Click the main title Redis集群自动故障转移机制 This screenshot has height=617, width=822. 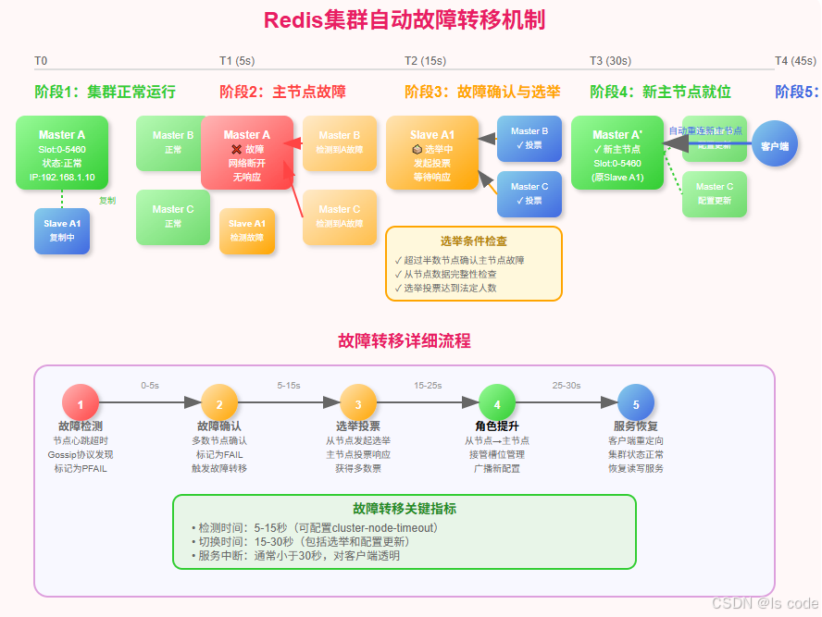405,19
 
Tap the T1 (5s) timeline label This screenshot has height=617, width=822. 237,61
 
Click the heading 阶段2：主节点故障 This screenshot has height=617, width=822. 282,92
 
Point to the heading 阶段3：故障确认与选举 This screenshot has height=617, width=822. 482,92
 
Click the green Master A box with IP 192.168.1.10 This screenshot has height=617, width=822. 62,153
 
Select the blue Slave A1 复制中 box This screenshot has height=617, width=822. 62,230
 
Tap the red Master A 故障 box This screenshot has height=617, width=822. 247,153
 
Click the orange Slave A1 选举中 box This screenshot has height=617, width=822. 432,153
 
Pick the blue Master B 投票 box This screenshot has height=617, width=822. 529,139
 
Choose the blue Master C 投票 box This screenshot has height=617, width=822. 529,193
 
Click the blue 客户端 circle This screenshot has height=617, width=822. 775,145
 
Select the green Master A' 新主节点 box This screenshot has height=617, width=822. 617,153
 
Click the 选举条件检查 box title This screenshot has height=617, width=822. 473,241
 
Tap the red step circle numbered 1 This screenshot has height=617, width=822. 81,403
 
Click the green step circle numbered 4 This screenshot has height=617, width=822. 497,403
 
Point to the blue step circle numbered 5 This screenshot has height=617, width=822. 636,403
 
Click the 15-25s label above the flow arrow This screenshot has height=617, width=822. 428,385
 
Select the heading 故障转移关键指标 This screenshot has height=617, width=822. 404,509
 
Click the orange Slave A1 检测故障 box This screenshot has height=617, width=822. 247,230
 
